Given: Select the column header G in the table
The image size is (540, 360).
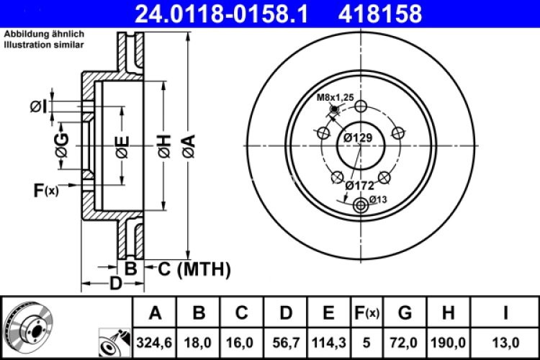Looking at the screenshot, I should click(x=405, y=312).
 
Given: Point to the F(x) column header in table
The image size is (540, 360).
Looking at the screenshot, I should click(x=366, y=312).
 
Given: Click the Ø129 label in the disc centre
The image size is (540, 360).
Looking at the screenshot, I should click(x=358, y=138).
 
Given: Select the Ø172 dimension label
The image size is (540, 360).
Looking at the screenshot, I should click(x=359, y=185).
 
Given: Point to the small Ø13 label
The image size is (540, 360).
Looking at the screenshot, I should click(x=379, y=199).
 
